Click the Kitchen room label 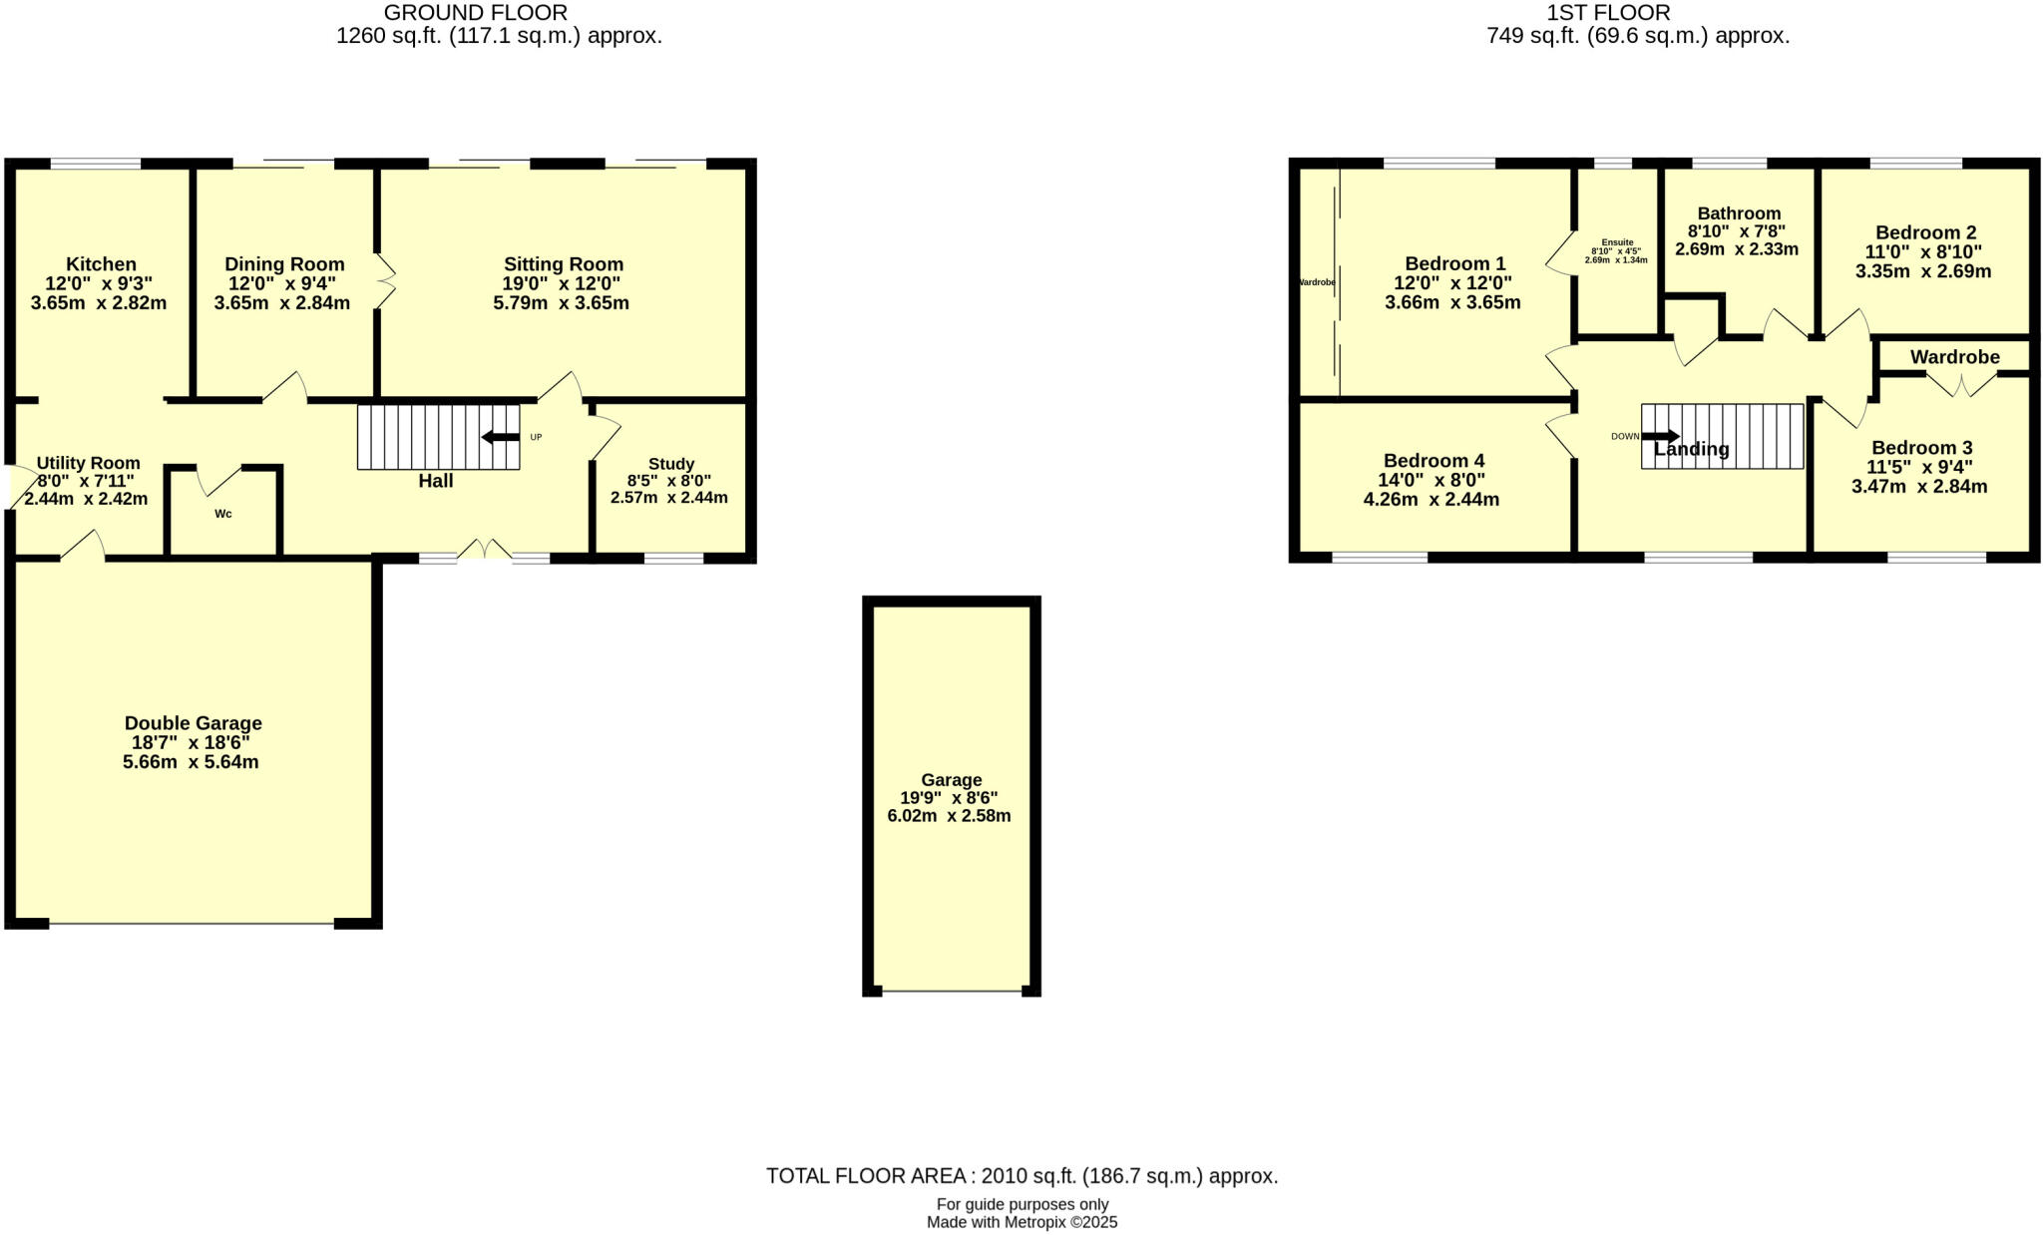(101, 264)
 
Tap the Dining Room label (284, 264)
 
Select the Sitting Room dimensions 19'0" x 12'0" (562, 283)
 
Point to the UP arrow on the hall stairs (501, 437)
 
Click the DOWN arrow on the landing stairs (1660, 436)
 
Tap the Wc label (223, 514)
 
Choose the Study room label (670, 464)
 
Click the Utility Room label (88, 463)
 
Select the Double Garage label (193, 723)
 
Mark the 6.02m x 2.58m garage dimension (949, 816)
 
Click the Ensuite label (1617, 242)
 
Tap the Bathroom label (1739, 213)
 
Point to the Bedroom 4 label (1433, 461)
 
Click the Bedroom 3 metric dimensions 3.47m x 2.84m (1919, 487)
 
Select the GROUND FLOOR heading (476, 13)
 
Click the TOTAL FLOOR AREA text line (1021, 1176)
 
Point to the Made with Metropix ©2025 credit (1021, 1222)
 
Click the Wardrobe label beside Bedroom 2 (1954, 357)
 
